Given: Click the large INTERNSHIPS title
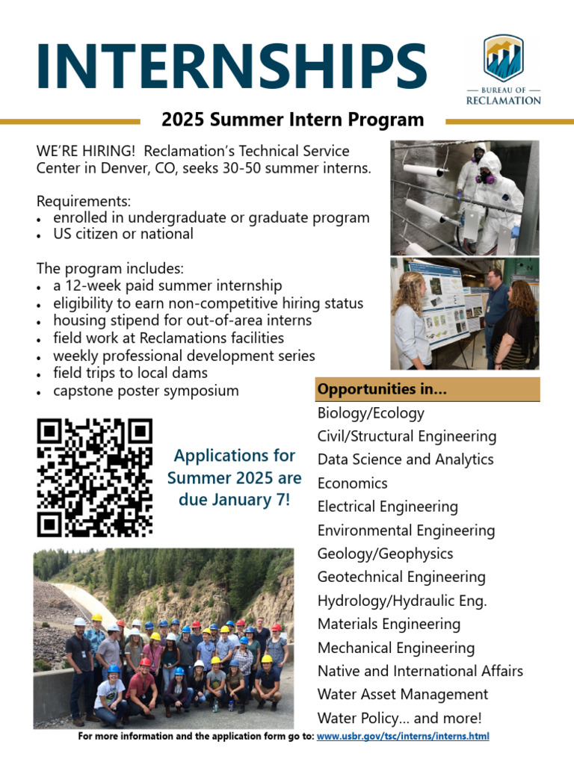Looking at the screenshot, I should (x=232, y=65).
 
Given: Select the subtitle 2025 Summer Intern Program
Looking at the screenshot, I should (x=292, y=120).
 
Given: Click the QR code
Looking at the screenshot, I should (x=94, y=478).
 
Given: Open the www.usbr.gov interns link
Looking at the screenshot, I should (x=403, y=737).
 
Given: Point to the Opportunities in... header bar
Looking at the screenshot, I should (x=427, y=389).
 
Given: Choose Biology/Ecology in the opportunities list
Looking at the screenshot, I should (x=371, y=413).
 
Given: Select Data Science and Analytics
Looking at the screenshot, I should (x=405, y=459).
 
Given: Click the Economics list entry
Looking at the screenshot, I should (x=352, y=483).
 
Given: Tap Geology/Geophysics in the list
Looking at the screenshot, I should (x=385, y=554).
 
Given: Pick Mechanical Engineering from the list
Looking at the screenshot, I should (x=395, y=648).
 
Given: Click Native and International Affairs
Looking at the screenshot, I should (x=420, y=671).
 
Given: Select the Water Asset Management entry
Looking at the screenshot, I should (x=402, y=694).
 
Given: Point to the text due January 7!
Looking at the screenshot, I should (x=234, y=500).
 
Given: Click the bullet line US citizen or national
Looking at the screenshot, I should (x=123, y=234).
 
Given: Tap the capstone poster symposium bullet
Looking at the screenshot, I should (x=146, y=391).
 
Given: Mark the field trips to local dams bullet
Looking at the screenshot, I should (x=130, y=373).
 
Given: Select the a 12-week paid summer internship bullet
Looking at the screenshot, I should (x=167, y=285).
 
